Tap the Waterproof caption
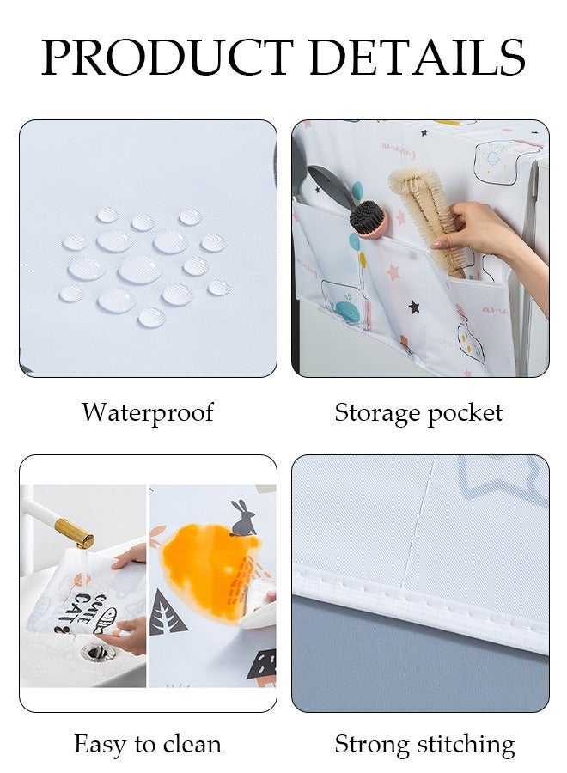[148, 412]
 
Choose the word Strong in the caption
[374, 744]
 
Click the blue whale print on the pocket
[346, 311]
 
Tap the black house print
[261, 663]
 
